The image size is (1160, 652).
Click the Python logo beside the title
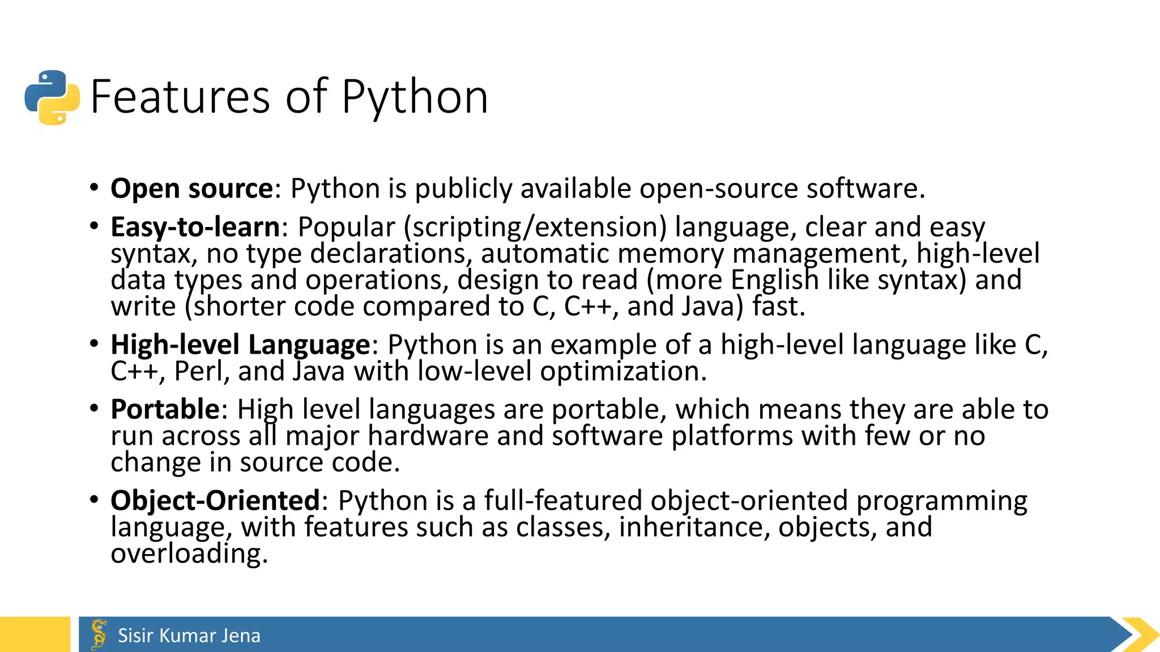pos(52,97)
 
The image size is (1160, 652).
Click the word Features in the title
pos(180,97)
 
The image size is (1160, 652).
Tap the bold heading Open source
pos(192,188)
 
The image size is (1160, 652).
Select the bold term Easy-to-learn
pos(195,227)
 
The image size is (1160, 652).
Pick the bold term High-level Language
pos(240,345)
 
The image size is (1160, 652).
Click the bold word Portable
pos(165,409)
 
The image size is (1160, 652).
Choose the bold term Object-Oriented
pos(216,501)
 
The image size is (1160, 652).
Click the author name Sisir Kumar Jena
pos(189,636)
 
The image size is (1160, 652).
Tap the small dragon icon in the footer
pos(99,634)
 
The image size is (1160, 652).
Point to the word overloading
pos(189,554)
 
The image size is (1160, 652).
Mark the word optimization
pos(623,372)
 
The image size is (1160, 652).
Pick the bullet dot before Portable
pos(94,408)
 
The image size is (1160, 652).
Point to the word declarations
pos(391,254)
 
